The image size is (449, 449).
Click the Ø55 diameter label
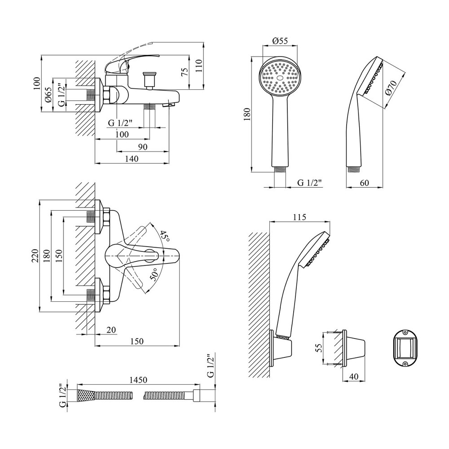(x=280, y=41)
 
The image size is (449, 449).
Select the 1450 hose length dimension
(x=138, y=380)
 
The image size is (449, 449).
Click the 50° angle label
(x=154, y=275)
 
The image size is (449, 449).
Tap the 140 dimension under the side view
(x=132, y=158)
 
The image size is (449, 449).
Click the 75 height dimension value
(x=184, y=72)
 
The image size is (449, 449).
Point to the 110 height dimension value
(x=199, y=68)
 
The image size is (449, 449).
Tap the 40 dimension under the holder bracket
(x=354, y=377)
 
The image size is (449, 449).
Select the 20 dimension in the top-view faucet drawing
(x=111, y=330)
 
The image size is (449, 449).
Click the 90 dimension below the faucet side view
(x=142, y=147)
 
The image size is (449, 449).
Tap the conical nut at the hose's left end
(x=86, y=396)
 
